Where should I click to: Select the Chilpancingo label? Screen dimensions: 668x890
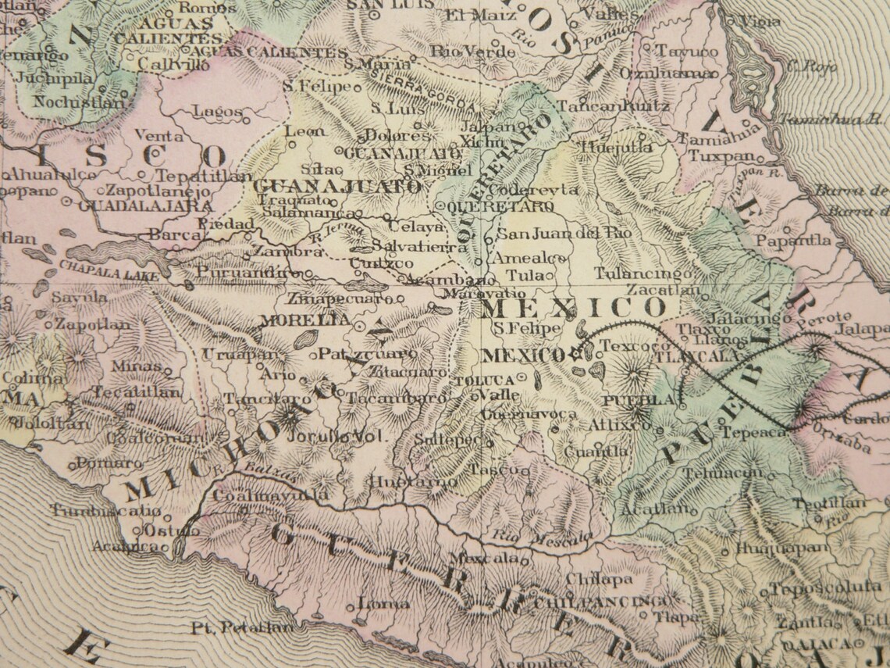tap(603, 602)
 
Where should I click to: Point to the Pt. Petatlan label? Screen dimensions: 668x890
tap(243, 627)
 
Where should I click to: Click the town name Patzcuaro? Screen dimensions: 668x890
tap(367, 353)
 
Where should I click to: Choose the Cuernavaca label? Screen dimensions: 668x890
tap(528, 413)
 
